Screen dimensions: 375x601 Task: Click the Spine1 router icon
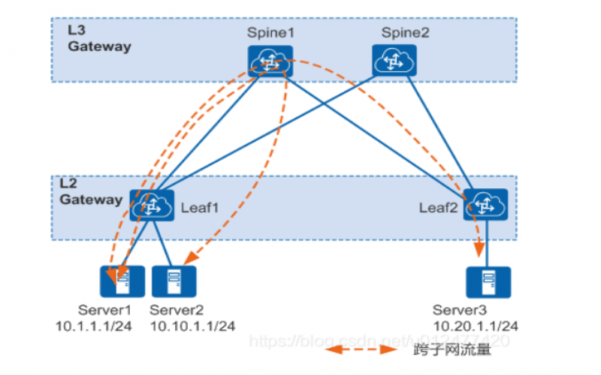click(270, 61)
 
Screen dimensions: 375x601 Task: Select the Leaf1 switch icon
click(152, 205)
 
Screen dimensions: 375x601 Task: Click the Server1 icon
click(119, 282)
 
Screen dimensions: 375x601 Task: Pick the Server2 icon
click(174, 282)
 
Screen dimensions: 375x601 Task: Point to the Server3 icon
click(488, 282)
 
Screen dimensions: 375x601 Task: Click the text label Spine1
click(270, 33)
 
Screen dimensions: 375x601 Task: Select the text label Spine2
click(404, 33)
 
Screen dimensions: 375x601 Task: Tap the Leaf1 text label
click(200, 208)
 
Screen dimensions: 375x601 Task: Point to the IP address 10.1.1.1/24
click(96, 325)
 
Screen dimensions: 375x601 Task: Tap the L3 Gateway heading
click(98, 40)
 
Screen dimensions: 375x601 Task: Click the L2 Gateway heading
click(91, 193)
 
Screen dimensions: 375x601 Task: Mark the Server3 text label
click(459, 310)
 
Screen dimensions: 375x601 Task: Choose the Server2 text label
click(177, 310)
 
